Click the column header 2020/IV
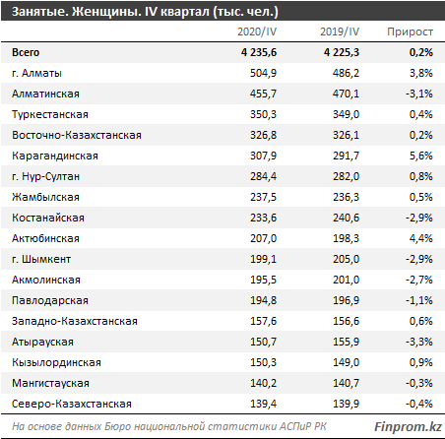[257, 31]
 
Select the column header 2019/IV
[340, 31]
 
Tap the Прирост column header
[410, 31]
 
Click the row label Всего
[26, 52]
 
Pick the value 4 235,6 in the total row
[259, 52]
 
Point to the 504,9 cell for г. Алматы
[263, 73]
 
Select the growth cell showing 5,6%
[421, 156]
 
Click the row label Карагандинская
[55, 156]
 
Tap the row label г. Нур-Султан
[45, 176]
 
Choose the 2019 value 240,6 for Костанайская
[346, 218]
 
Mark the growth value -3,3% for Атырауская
[419, 342]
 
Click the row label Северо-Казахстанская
[72, 404]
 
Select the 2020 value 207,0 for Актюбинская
[263, 238]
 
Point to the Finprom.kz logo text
[408, 426]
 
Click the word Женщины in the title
[105, 12]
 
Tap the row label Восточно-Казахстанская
[77, 135]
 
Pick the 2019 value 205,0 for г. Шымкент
[346, 259]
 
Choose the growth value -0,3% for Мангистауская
[419, 383]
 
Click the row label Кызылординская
[56, 362]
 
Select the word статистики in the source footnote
[242, 426]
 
